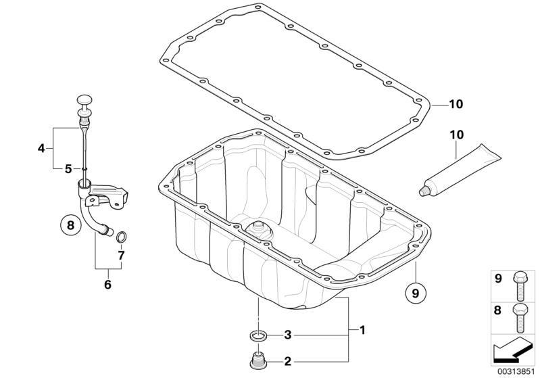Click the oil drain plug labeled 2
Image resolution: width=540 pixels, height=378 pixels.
[258, 360]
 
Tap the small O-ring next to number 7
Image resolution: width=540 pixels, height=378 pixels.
[121, 237]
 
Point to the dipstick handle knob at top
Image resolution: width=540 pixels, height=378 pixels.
[84, 99]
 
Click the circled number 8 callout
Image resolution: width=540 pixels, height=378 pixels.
[70, 225]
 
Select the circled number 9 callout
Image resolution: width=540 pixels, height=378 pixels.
[416, 293]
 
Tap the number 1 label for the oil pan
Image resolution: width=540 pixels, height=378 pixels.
[362, 330]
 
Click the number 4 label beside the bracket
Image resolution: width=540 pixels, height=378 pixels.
[41, 149]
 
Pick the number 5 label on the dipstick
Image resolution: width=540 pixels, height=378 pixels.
[68, 169]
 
